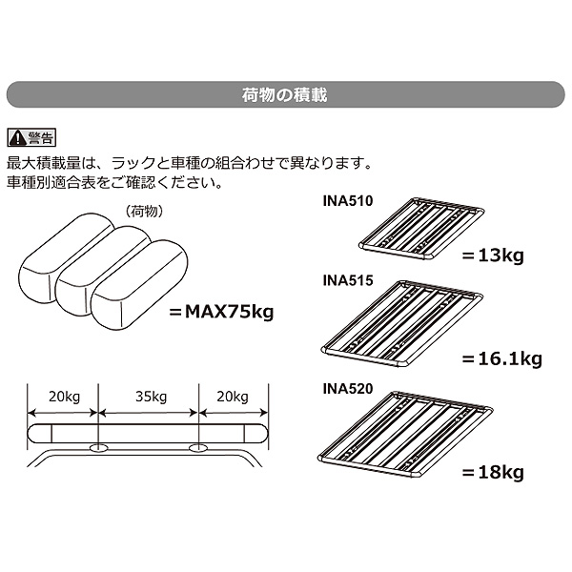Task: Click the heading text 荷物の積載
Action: (x=284, y=94)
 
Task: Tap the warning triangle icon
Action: (x=17, y=138)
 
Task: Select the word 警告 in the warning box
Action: (x=40, y=138)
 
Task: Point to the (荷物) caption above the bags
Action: (x=144, y=212)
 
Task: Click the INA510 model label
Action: (x=348, y=201)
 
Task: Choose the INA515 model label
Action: (x=348, y=280)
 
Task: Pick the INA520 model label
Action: (x=348, y=389)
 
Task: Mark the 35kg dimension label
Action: (x=151, y=397)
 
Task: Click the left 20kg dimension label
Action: (x=64, y=397)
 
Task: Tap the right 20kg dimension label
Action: (x=233, y=397)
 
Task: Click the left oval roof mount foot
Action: (x=98, y=448)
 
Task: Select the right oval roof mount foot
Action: (x=198, y=448)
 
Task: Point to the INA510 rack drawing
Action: (x=421, y=228)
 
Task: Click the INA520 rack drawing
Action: (x=405, y=435)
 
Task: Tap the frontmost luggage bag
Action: (x=139, y=284)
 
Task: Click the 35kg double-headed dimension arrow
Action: (x=148, y=413)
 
